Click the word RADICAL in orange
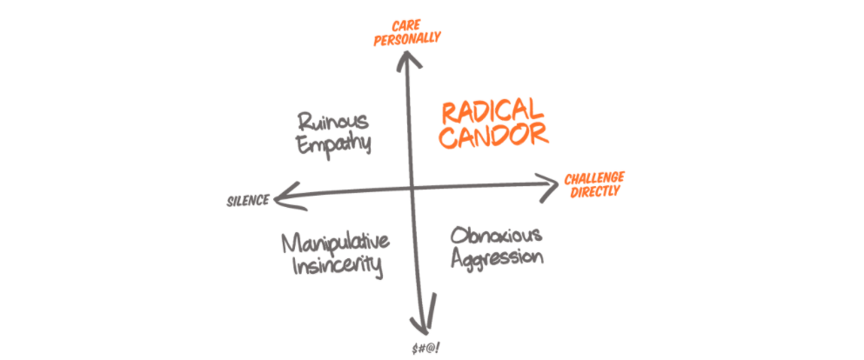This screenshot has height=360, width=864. [492, 112]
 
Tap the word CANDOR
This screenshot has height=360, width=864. [494, 137]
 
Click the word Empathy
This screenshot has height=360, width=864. [334, 143]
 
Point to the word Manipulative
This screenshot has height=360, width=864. [335, 243]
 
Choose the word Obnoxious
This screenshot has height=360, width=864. [497, 236]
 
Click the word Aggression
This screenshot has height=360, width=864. [497, 258]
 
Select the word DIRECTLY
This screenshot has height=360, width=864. [595, 191]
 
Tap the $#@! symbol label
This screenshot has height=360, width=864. [428, 348]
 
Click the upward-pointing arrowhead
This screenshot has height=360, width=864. [403, 57]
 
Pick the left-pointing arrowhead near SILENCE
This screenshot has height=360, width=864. [280, 197]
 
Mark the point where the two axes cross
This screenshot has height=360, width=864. [412, 189]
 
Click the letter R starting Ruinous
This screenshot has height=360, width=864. [303, 121]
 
